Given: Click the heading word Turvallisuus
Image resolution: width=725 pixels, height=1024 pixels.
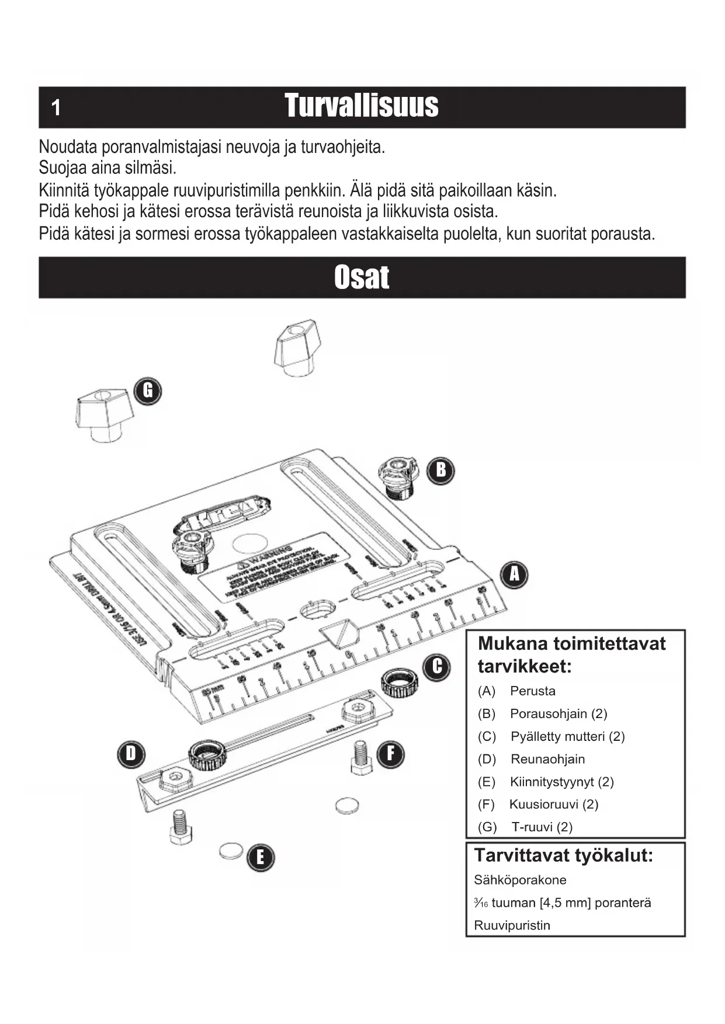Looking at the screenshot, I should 362,106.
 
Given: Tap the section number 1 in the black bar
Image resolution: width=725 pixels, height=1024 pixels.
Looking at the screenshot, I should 55,108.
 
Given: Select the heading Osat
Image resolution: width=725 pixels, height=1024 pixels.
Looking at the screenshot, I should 362,277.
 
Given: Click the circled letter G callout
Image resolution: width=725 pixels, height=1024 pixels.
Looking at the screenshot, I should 148,390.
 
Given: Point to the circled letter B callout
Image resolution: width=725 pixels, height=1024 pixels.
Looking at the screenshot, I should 441,469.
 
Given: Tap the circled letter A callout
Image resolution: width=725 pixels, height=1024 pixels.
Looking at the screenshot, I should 514,574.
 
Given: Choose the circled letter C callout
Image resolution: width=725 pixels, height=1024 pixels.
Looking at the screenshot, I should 437,667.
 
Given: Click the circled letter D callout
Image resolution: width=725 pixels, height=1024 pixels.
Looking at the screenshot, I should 131,754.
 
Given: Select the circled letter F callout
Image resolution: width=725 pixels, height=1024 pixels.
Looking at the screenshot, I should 390,753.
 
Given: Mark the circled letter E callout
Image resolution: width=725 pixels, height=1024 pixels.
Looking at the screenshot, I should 260,857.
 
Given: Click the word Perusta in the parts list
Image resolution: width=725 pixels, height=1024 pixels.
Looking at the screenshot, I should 532,691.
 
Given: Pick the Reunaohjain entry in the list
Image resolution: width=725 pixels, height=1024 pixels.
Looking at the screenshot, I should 547,759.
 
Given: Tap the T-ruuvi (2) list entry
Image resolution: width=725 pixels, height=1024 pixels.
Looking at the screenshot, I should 542,827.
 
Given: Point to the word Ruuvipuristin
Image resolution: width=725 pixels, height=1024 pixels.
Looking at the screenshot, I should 512,925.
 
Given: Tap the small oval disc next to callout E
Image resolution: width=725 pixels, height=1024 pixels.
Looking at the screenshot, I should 231,851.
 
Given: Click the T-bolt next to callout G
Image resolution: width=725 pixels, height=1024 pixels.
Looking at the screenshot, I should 104,415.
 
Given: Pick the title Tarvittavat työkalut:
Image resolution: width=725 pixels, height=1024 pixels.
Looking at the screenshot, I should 563,856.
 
